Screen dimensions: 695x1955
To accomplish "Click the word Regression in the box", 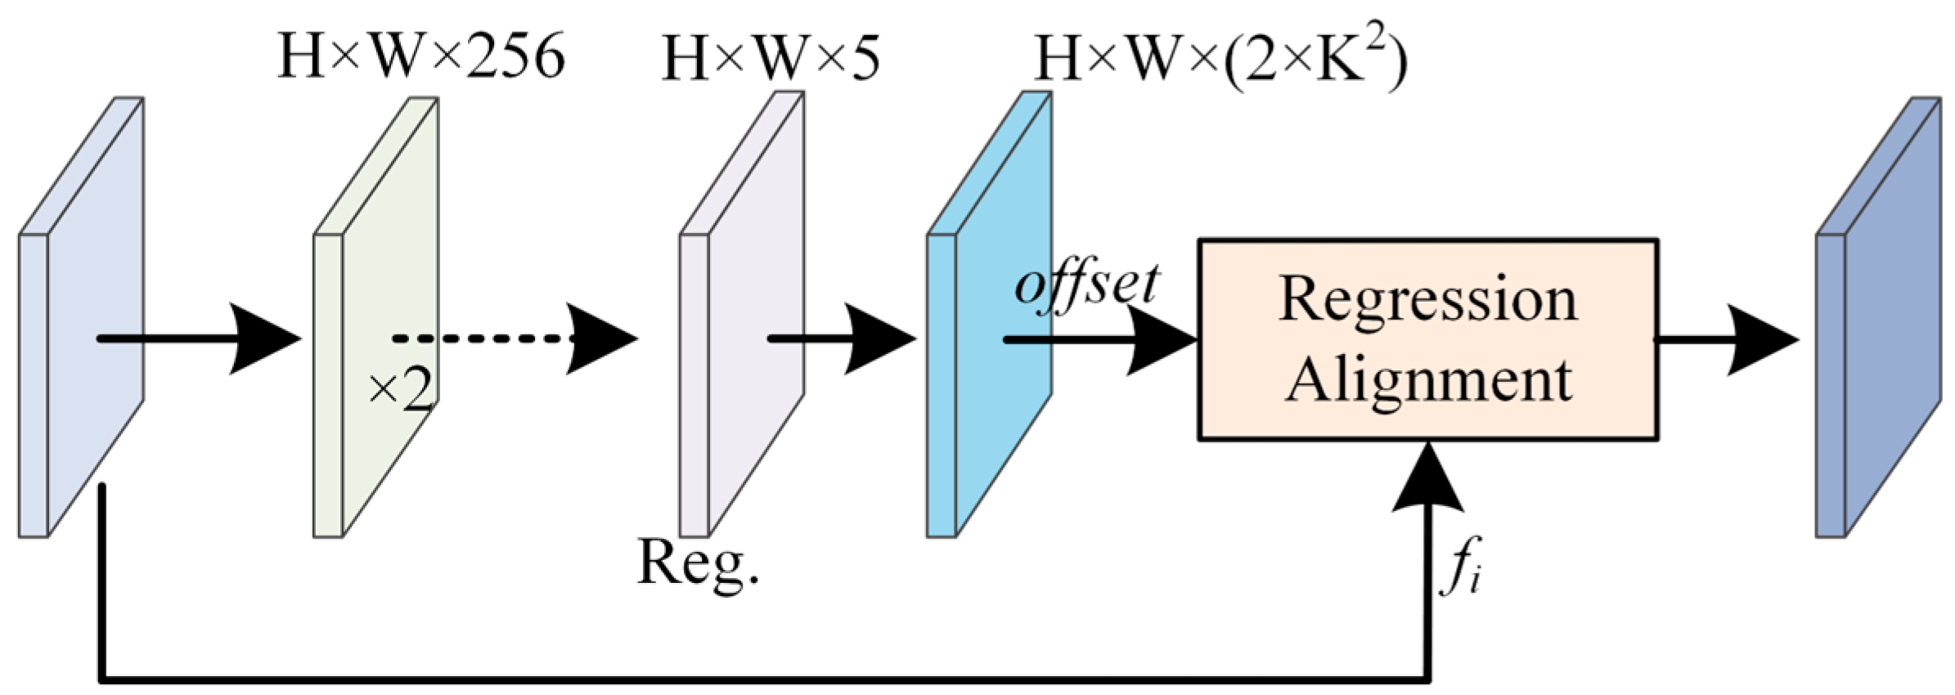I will pos(1428,301).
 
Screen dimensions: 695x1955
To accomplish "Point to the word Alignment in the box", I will pos(1428,379).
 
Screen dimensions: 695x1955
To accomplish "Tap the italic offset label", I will pos(1086,285).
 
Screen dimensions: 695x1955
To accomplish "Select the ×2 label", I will pos(399,392).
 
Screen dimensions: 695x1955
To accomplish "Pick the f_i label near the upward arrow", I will pos(1461,567).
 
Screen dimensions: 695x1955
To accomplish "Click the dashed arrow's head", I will pos(601,339).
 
